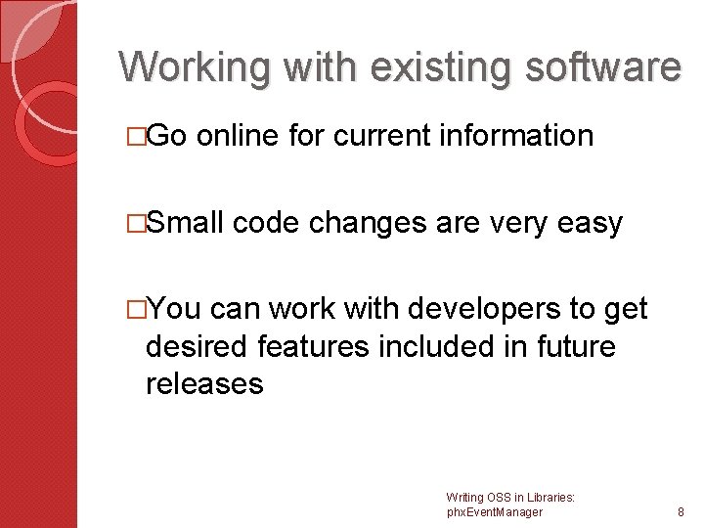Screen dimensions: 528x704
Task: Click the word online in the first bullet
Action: [239, 135]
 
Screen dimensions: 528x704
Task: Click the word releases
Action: [204, 383]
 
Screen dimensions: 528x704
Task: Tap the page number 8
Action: [682, 512]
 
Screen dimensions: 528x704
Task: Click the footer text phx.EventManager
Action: [494, 512]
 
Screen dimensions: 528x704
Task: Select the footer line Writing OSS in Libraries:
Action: [509, 498]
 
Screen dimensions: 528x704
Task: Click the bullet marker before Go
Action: [138, 136]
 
